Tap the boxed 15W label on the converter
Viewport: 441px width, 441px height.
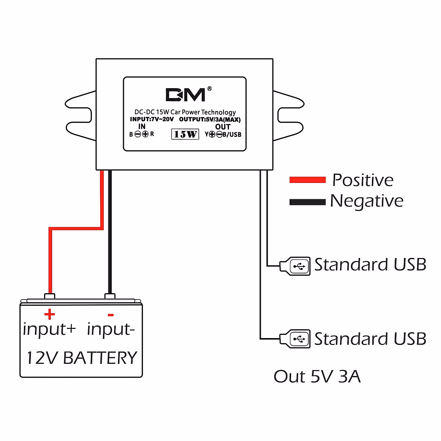[x=185, y=134]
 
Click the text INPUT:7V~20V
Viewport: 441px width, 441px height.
[x=152, y=119]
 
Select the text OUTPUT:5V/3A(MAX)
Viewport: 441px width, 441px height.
[x=210, y=119]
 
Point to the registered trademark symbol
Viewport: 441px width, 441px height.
[x=209, y=89]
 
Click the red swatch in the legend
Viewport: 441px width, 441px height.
[x=307, y=180]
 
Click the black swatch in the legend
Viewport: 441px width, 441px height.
[x=307, y=202]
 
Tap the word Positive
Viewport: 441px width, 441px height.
[x=363, y=180]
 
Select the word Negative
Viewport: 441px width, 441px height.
[x=366, y=201]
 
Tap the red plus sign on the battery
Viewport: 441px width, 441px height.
[x=49, y=314]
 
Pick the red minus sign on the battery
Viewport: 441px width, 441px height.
[x=111, y=315]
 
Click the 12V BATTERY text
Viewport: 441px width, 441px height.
[x=82, y=358]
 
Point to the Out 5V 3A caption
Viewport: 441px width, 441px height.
[x=317, y=377]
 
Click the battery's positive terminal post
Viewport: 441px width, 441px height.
[x=49, y=296]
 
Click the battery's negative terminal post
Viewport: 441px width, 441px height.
[x=110, y=296]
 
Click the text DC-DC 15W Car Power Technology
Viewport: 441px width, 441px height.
[x=185, y=112]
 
